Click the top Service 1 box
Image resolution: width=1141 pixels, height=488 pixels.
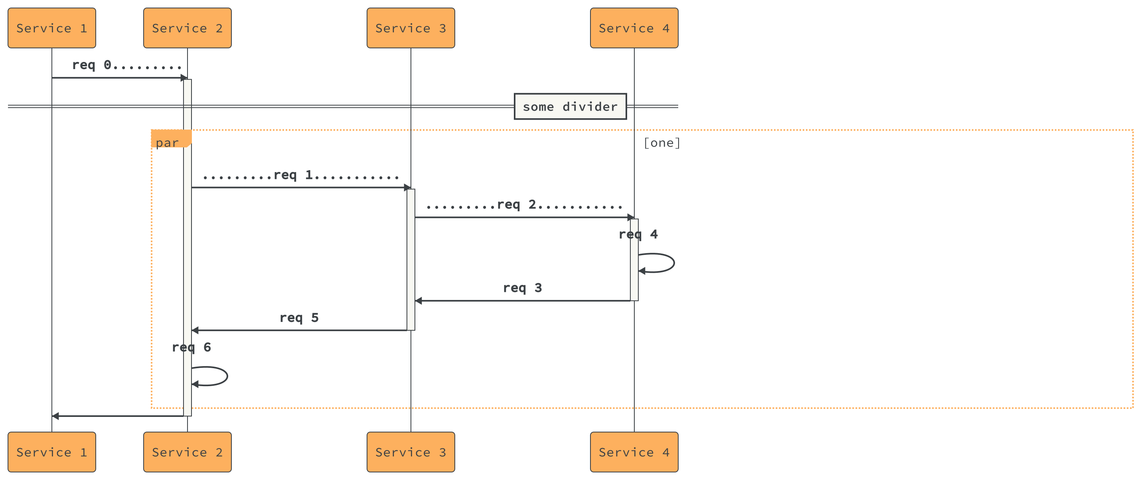click(51, 28)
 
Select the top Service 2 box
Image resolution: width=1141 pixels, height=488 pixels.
click(187, 28)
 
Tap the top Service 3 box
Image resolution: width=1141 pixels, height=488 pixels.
click(410, 28)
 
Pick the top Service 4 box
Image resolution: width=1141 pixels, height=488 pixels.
click(634, 28)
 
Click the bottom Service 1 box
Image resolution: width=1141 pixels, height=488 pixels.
click(51, 452)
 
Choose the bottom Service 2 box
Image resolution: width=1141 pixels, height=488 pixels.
click(187, 452)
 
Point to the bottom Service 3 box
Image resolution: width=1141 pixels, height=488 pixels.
click(410, 452)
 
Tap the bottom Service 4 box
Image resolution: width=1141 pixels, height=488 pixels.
click(634, 452)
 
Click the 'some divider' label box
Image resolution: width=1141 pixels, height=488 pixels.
click(570, 106)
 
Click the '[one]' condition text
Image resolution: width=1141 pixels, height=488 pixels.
click(661, 143)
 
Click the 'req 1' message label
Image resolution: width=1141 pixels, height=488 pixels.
click(301, 175)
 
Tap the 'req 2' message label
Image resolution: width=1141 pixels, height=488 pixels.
click(525, 205)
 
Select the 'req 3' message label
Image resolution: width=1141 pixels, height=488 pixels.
click(522, 288)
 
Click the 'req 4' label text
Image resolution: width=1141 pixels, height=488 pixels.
click(638, 234)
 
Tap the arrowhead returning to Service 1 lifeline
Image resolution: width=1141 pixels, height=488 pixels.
click(55, 416)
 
